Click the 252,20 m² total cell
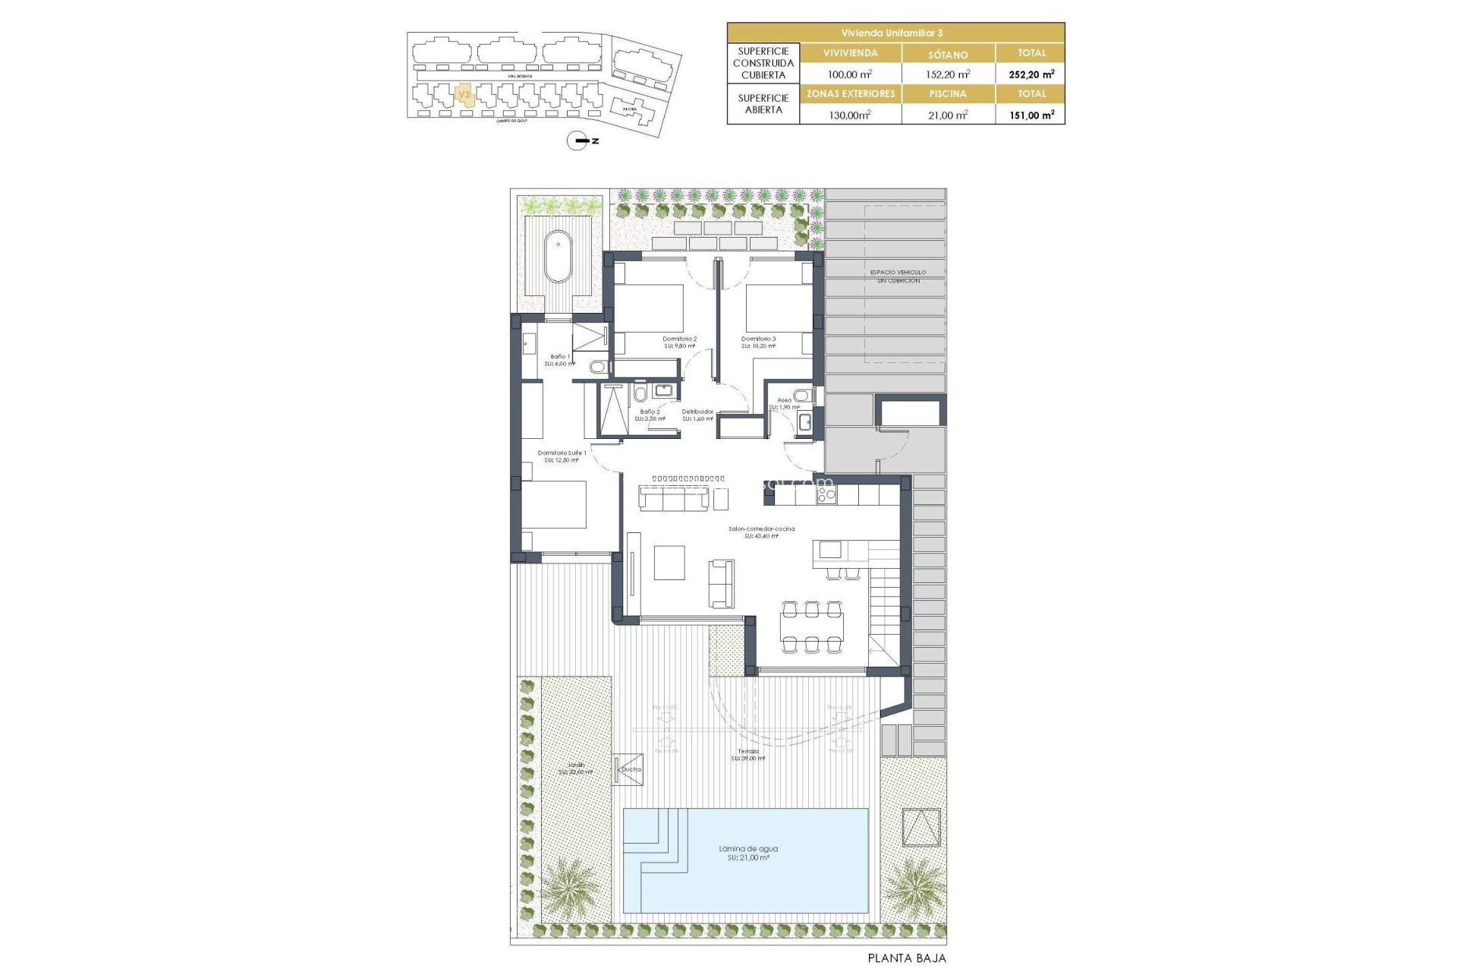click(x=1031, y=74)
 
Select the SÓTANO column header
click(x=948, y=54)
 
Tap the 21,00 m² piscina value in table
click(x=948, y=115)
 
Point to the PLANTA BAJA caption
click(x=907, y=958)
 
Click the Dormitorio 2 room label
click(x=679, y=339)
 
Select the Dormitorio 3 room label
click(x=758, y=339)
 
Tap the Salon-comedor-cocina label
click(x=761, y=529)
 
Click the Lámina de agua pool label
click(x=748, y=849)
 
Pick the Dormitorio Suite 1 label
click(x=562, y=453)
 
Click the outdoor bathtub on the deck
click(x=559, y=256)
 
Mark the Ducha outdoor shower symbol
click(x=628, y=769)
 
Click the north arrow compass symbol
click(x=578, y=140)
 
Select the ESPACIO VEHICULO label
click(x=898, y=273)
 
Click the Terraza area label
click(x=747, y=752)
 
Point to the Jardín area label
click(x=576, y=765)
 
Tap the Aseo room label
click(x=784, y=400)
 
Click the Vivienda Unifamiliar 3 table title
click(x=895, y=33)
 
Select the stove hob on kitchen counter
click(x=826, y=496)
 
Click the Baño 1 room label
click(x=560, y=357)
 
